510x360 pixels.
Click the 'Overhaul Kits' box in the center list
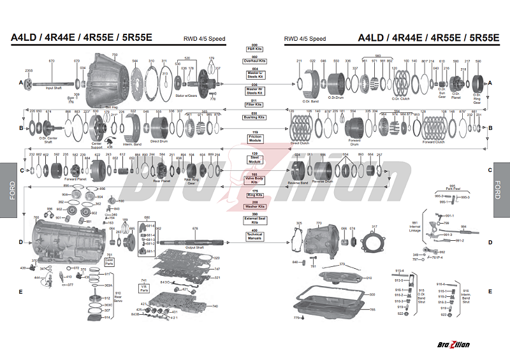click(x=254, y=61)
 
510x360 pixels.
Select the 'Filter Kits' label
click(x=254, y=102)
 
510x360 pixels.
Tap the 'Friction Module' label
click(x=254, y=138)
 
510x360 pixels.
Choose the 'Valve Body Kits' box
click(x=254, y=181)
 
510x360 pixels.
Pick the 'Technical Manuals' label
click(x=254, y=236)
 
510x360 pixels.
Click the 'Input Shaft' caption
click(x=54, y=88)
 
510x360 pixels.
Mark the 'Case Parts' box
click(x=110, y=261)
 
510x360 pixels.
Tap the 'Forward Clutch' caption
click(x=433, y=141)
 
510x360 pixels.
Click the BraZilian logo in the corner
click(x=455, y=345)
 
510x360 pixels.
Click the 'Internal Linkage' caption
click(x=415, y=227)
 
